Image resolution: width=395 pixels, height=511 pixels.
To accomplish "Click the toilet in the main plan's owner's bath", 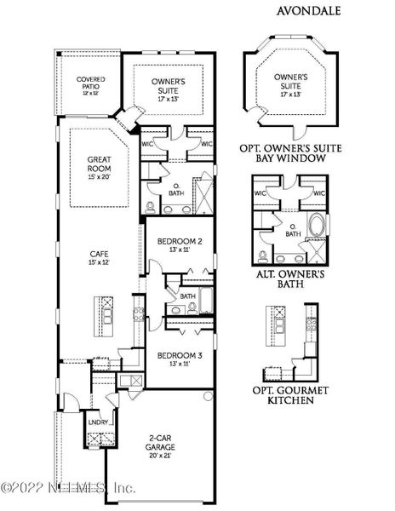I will (151, 207).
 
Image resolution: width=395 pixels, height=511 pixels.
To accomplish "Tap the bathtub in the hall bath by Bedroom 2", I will (209, 300).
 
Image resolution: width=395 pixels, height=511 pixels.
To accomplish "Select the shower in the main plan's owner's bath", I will (205, 186).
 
